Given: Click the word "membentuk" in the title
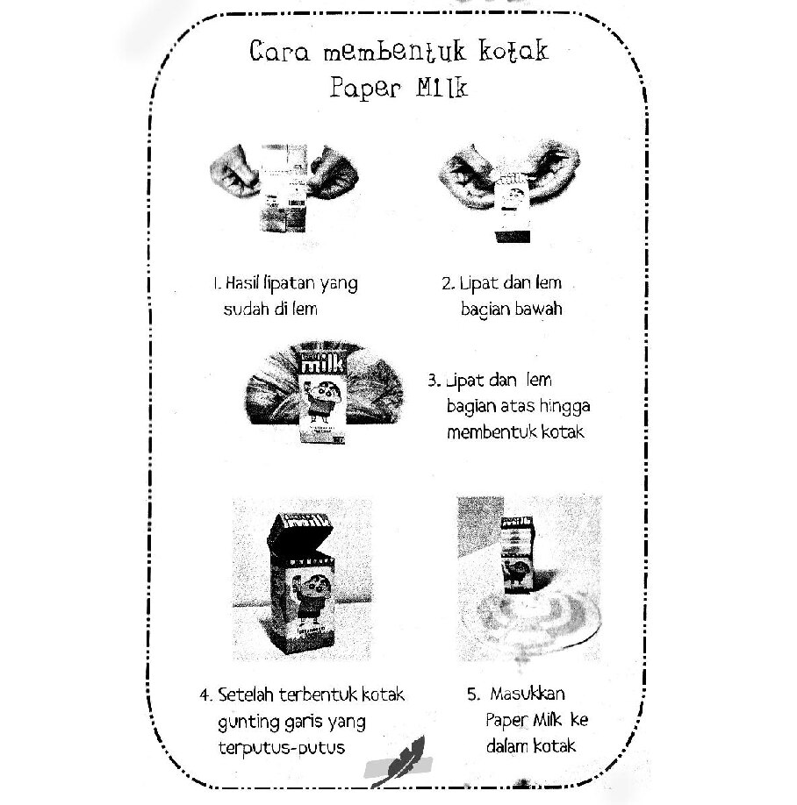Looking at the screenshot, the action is (x=395, y=51).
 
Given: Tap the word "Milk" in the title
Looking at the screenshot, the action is (x=442, y=88).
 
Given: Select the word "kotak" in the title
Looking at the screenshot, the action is (x=513, y=50).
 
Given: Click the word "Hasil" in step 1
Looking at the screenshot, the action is (x=241, y=282).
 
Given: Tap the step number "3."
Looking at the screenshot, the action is (x=434, y=381).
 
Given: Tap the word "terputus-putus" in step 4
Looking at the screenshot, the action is (x=282, y=748).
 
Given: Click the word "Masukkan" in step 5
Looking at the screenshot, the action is (x=528, y=694).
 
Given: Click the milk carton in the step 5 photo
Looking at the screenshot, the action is (x=518, y=554).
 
